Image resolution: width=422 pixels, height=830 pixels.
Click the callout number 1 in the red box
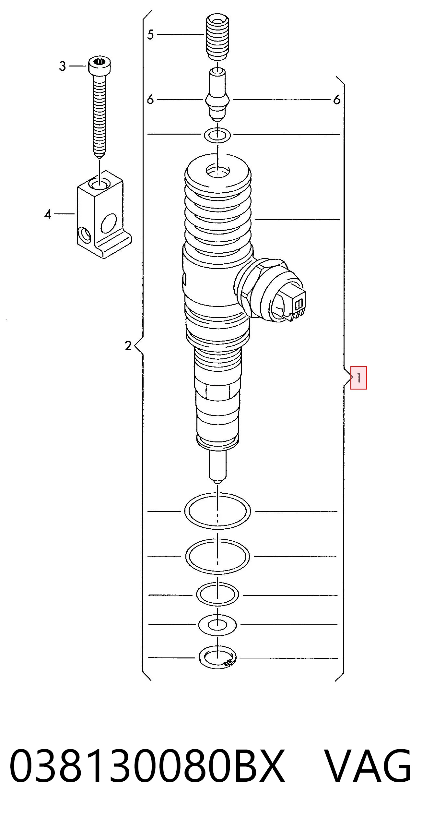pyautogui.click(x=359, y=378)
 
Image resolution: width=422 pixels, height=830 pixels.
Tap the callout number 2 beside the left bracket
pyautogui.click(x=128, y=346)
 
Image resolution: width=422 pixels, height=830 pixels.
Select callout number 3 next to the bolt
pyautogui.click(x=62, y=66)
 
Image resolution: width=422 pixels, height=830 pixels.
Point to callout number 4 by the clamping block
pyautogui.click(x=48, y=214)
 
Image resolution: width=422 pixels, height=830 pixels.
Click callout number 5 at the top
pyautogui.click(x=150, y=34)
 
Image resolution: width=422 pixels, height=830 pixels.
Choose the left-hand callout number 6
pyautogui.click(x=150, y=100)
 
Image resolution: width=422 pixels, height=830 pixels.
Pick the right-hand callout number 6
pyautogui.click(x=337, y=100)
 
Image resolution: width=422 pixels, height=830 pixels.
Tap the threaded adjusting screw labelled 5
pyautogui.click(x=217, y=37)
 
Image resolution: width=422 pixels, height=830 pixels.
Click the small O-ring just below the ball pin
pyautogui.click(x=217, y=135)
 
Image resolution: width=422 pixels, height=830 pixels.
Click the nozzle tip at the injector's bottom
pyautogui.click(x=218, y=467)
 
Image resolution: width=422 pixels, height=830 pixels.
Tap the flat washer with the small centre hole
pyautogui.click(x=217, y=624)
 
